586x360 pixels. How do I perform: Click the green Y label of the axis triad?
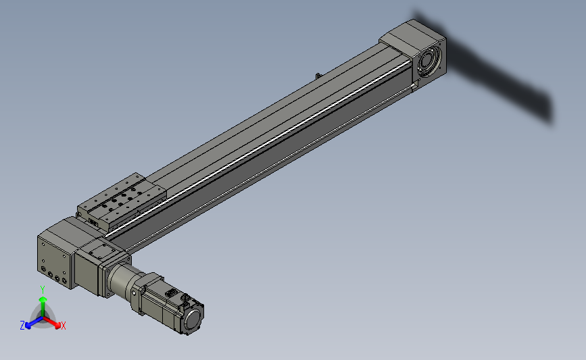43,290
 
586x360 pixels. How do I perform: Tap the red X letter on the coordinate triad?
63,326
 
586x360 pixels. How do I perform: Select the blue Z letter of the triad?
22,326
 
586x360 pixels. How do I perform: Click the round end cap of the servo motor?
193,319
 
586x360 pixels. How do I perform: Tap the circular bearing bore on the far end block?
428,61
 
